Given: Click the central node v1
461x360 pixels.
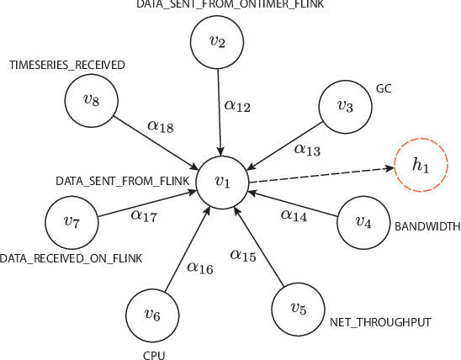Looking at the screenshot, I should click(222, 182).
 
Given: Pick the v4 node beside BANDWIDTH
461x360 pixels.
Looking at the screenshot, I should click(363, 223).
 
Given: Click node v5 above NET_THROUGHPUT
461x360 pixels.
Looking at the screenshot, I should click(298, 309).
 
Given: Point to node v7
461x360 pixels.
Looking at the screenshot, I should click(72, 223).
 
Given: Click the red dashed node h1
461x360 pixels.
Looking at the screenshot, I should click(420, 166).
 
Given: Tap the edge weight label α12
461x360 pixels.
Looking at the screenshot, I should click(237, 106).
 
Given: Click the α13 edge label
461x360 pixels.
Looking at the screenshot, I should click(306, 150).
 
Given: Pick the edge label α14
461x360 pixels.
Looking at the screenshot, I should click(294, 216).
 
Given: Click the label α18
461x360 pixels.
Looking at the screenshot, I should click(161, 126).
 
